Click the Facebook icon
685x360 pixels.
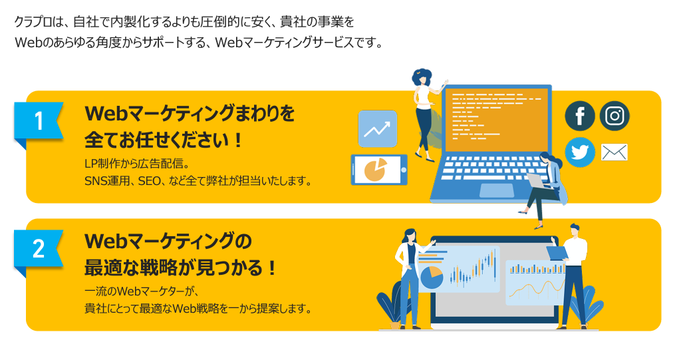580,116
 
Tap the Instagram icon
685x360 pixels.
615,116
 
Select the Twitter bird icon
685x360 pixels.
580,152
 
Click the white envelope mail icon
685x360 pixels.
615,152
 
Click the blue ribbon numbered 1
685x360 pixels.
39,122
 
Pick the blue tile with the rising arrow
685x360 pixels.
378,129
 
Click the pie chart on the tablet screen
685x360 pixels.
375,170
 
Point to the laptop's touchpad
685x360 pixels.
497,190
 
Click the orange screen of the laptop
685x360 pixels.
496,120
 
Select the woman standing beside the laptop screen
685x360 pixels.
424,114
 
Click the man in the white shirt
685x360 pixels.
573,276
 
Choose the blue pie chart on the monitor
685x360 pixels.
431,277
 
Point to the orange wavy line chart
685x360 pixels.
536,290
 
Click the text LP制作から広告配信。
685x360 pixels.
137,164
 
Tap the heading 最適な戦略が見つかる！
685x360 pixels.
180,268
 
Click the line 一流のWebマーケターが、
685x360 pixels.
142,291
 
